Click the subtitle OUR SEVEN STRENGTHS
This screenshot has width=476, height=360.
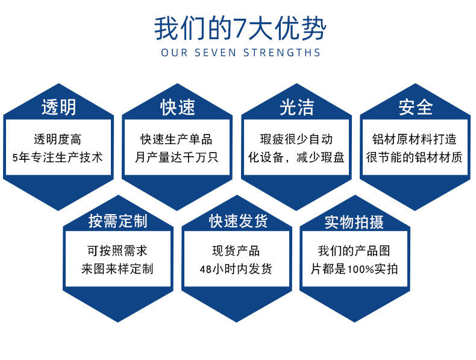[x=240, y=52]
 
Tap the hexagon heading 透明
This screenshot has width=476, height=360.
[x=58, y=107]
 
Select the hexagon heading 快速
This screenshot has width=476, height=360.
[x=177, y=107]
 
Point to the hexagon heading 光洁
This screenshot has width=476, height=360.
[x=296, y=107]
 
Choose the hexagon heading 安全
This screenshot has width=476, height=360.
[x=415, y=107]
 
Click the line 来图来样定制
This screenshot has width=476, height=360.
[x=117, y=269]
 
